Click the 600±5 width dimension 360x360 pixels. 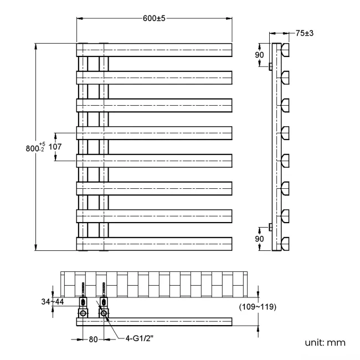click(x=154, y=18)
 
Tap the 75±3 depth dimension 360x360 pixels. click(x=305, y=33)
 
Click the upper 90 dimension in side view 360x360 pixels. click(x=259, y=55)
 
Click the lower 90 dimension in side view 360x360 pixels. click(x=259, y=238)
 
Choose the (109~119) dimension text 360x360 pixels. click(x=258, y=306)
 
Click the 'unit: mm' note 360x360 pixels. click(x=325, y=343)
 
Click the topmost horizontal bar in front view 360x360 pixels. click(x=154, y=50)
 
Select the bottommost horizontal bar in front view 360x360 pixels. click(x=154, y=244)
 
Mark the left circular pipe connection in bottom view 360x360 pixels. click(x=83, y=313)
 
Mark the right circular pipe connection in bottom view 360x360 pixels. click(x=104, y=313)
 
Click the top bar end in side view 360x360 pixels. click(x=285, y=50)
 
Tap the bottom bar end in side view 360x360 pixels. click(x=285, y=244)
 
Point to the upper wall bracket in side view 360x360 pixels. click(x=270, y=67)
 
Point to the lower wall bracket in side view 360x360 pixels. click(x=270, y=227)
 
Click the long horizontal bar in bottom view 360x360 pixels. click(x=166, y=322)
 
